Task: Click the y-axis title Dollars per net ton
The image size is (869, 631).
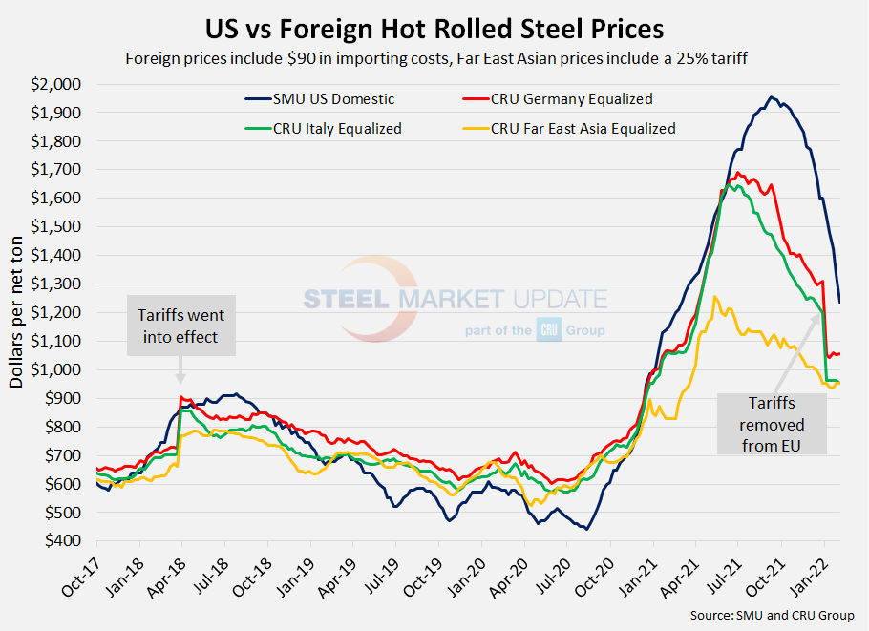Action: click(17, 312)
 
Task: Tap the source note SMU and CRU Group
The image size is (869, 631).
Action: click(772, 616)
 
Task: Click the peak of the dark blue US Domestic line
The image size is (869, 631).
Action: click(771, 96)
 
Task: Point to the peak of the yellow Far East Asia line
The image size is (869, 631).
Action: click(715, 297)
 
